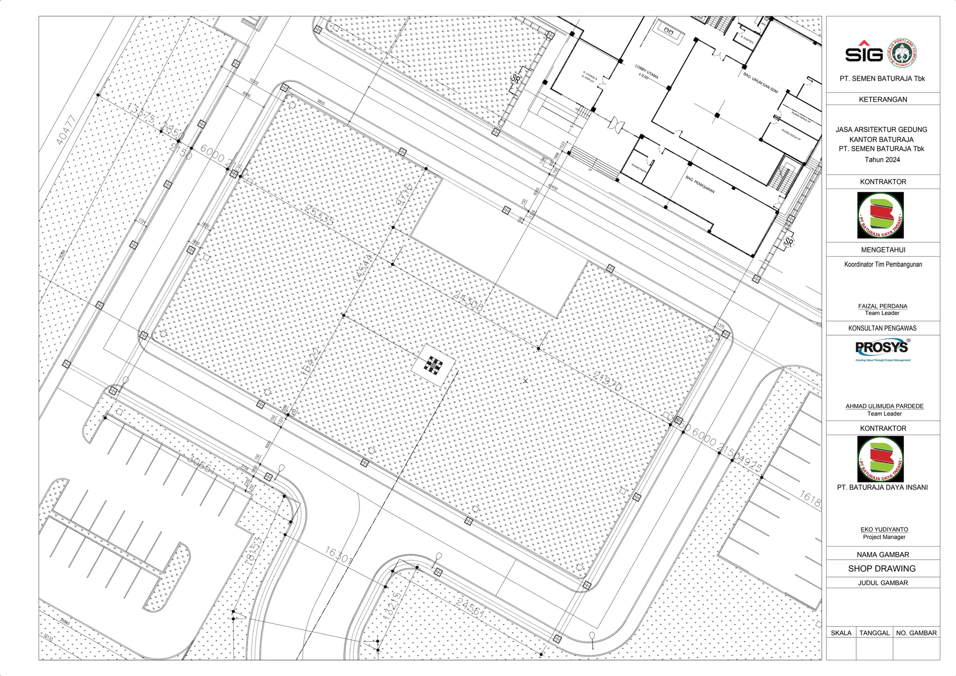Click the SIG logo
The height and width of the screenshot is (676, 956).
click(864, 53)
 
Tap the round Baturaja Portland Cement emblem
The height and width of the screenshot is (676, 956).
click(902, 53)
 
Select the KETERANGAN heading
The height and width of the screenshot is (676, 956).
click(883, 99)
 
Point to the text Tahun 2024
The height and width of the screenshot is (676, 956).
click(882, 160)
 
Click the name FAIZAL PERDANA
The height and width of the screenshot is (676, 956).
click(882, 306)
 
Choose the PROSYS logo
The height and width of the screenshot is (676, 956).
click(882, 348)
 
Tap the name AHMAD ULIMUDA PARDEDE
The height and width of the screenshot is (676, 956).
click(884, 406)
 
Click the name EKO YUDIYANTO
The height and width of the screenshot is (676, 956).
click(884, 529)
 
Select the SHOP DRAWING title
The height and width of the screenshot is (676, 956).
click(882, 569)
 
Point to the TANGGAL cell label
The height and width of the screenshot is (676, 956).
click(874, 633)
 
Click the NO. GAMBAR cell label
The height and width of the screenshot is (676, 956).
click(916, 633)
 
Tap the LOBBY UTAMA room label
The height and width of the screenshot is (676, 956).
click(647, 72)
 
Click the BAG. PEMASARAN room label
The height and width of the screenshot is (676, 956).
click(700, 184)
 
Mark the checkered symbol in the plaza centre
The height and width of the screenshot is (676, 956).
click(433, 366)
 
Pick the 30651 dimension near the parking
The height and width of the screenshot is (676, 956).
click(202, 464)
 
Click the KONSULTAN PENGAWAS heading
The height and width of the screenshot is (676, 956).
click(882, 328)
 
